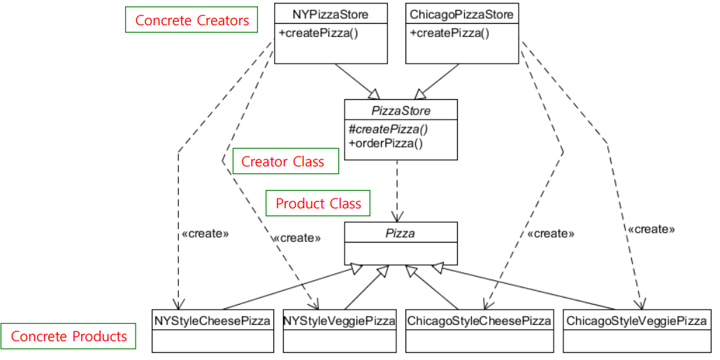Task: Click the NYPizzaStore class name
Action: [x=330, y=14]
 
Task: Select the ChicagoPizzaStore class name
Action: [x=461, y=14]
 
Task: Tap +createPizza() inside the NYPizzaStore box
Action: [x=318, y=33]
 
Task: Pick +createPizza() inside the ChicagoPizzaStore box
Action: [x=449, y=33]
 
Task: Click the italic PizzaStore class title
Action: [x=401, y=110]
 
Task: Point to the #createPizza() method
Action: [x=389, y=129]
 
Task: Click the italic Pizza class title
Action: [x=401, y=233]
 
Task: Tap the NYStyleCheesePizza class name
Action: [x=212, y=320]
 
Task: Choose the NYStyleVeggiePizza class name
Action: [x=339, y=320]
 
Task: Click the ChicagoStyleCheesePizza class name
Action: [x=479, y=320]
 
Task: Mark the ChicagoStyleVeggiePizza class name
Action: [x=637, y=320]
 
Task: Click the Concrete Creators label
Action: [x=192, y=20]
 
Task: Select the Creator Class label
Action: [x=283, y=161]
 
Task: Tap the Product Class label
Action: [x=318, y=203]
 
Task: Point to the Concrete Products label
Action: [x=69, y=336]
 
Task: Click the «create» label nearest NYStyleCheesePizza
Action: [x=206, y=233]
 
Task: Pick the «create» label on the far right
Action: [x=651, y=229]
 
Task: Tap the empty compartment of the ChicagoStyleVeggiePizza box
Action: [x=637, y=341]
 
